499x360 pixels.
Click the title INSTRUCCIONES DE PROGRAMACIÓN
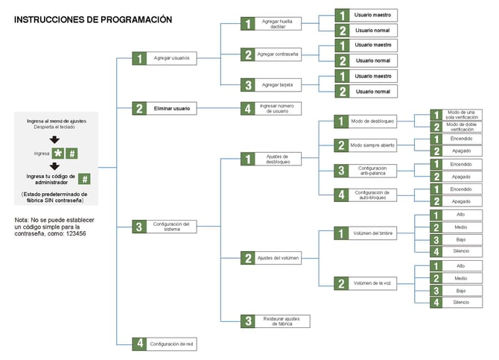click(93, 19)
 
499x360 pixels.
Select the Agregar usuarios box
click(171, 57)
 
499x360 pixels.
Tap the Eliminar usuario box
click(171, 108)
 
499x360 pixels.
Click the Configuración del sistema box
click(171, 226)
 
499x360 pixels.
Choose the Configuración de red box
click(171, 344)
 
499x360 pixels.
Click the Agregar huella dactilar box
click(276, 24)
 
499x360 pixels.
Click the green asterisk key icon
click(57, 154)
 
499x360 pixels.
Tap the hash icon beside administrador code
click(85, 179)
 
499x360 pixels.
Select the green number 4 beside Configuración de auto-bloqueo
click(340, 195)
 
